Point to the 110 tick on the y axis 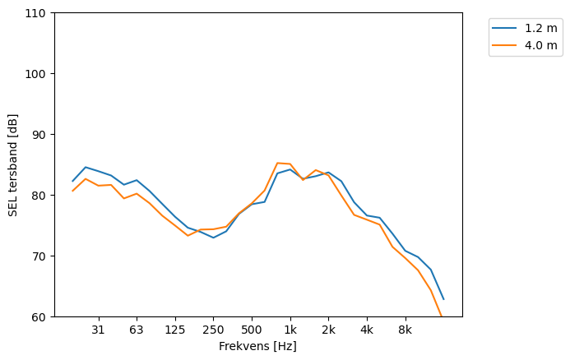click(x=38, y=13)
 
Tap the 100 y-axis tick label click(x=38, y=74)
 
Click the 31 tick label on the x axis click(x=98, y=330)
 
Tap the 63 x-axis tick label click(x=137, y=330)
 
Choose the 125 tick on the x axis click(x=174, y=330)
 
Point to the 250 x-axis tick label click(x=213, y=330)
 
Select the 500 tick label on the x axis click(x=252, y=330)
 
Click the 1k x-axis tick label click(x=290, y=330)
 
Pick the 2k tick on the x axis click(x=328, y=330)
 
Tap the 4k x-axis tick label click(x=367, y=330)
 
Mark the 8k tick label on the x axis click(x=405, y=330)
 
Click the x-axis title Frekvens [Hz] click(x=257, y=347)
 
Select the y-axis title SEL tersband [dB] click(x=12, y=165)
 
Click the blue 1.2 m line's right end click(x=443, y=299)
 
